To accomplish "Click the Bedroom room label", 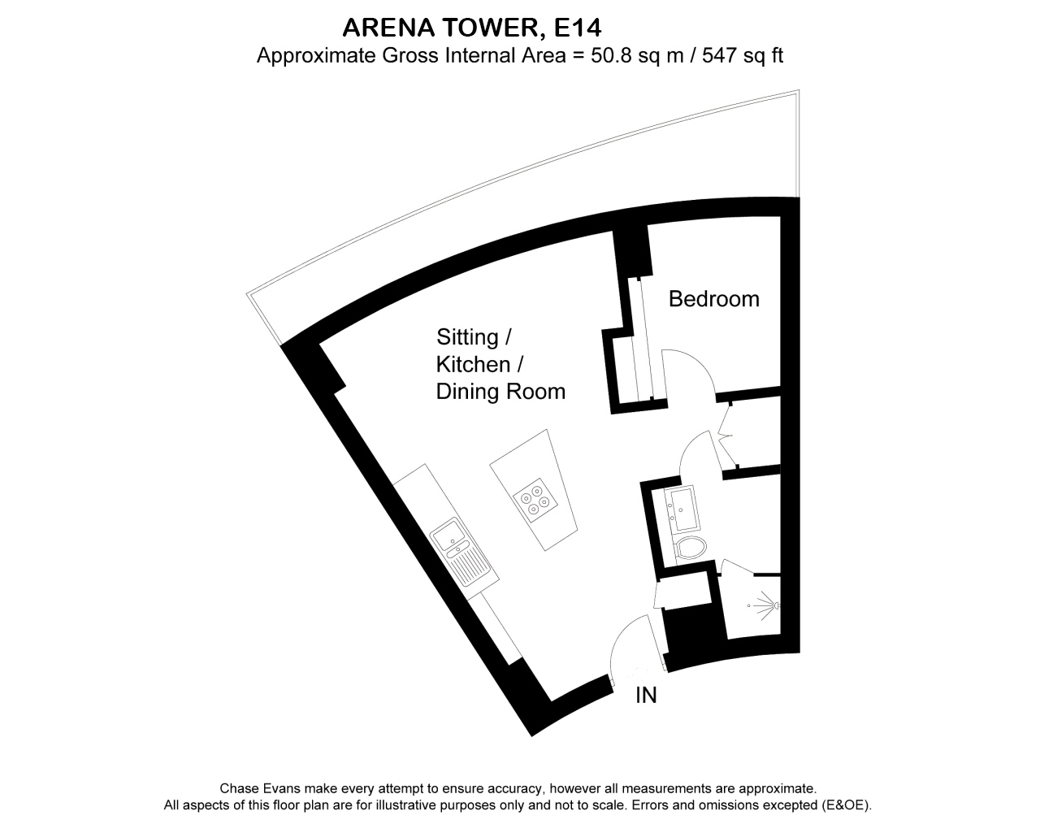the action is click(714, 299).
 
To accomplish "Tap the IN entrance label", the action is click(646, 696).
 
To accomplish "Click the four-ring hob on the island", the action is click(535, 501).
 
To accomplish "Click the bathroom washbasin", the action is click(682, 509).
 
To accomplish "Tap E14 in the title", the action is click(578, 28).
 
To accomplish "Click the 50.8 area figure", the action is click(611, 55).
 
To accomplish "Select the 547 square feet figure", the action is click(718, 55).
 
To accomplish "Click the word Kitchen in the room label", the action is click(473, 365).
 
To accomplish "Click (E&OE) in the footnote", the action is click(845, 805).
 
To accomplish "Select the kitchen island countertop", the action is click(534, 490).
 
